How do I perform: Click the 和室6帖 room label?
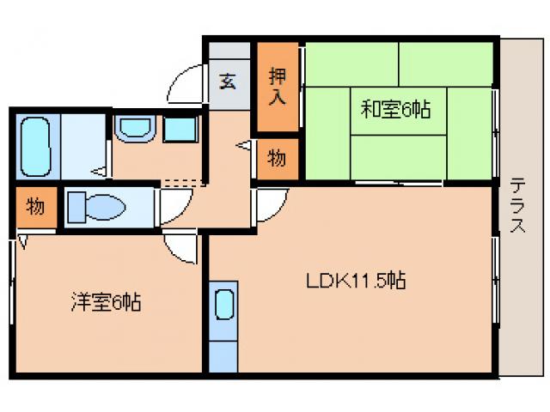[395, 109]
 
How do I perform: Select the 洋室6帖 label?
[106, 302]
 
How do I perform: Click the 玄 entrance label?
[228, 82]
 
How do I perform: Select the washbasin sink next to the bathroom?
[133, 129]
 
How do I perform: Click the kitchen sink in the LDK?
[223, 305]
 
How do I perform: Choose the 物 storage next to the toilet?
[34, 207]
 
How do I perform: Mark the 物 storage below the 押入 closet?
[278, 159]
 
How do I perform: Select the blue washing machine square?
[180, 129]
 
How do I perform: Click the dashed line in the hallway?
[184, 182]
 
